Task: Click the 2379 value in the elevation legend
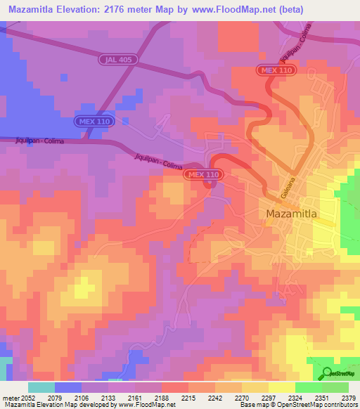pyautogui.click(x=347, y=397)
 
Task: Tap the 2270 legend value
pyautogui.click(x=240, y=397)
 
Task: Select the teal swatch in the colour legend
pyautogui.click(x=41, y=387)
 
